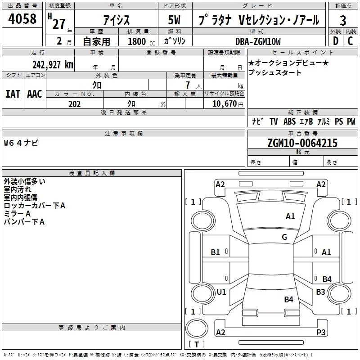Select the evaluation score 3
[x=343, y=20]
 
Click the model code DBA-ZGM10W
[x=257, y=41]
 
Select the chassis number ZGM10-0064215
[x=302, y=143]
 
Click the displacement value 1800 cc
[x=141, y=41]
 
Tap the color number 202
[x=74, y=104]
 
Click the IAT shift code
[x=13, y=94]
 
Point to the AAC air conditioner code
[x=34, y=94]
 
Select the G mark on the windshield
[x=284, y=237]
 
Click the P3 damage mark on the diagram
[x=321, y=332]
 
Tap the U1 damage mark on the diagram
[x=221, y=292]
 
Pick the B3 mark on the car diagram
[x=320, y=292]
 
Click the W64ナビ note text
[x=21, y=143]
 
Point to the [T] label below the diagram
[x=196, y=344]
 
